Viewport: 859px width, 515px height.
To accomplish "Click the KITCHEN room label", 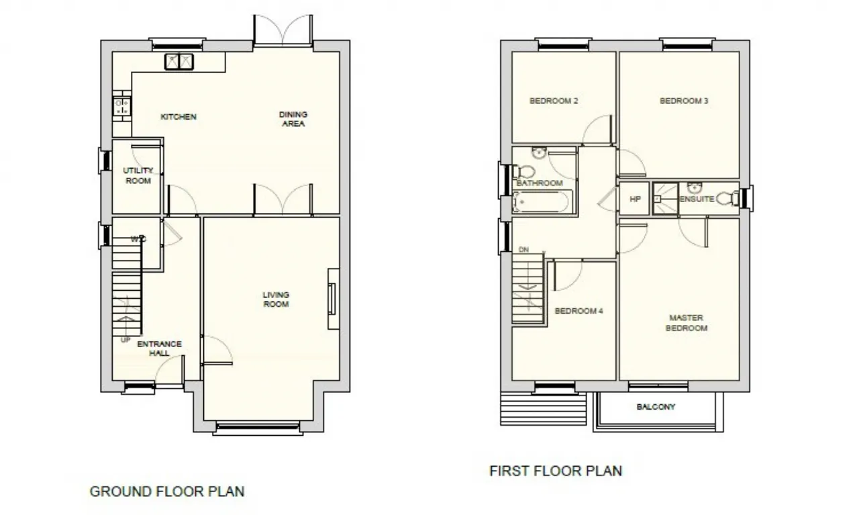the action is [x=179, y=117].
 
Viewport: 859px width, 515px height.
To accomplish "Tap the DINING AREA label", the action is [x=293, y=119].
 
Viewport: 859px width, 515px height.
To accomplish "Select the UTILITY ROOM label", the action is [x=138, y=175].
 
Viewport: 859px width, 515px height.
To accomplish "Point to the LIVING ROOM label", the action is [x=276, y=299].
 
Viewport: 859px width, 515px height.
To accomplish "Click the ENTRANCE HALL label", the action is [x=160, y=348].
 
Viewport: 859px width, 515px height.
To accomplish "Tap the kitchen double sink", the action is [x=179, y=61].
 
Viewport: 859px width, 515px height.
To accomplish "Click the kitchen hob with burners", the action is [x=122, y=106].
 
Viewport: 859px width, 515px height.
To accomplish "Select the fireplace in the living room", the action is [x=334, y=299].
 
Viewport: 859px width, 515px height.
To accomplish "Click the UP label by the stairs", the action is [x=125, y=340].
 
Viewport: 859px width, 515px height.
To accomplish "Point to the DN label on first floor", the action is [x=524, y=250].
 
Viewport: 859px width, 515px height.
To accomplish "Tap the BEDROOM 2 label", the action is [x=554, y=101].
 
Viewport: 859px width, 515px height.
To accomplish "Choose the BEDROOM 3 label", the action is [x=684, y=101].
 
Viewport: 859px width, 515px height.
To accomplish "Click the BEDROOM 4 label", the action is [x=578, y=311].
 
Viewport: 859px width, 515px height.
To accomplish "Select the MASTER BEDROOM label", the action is [x=687, y=323].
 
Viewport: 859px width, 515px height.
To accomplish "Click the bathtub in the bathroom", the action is [x=542, y=202].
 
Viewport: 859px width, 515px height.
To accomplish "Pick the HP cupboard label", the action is [x=635, y=199].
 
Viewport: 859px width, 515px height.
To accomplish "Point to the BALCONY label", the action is [x=656, y=407].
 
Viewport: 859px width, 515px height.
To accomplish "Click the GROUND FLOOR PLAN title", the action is [x=167, y=491].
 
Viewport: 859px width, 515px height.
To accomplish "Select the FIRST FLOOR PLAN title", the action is [x=556, y=471].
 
